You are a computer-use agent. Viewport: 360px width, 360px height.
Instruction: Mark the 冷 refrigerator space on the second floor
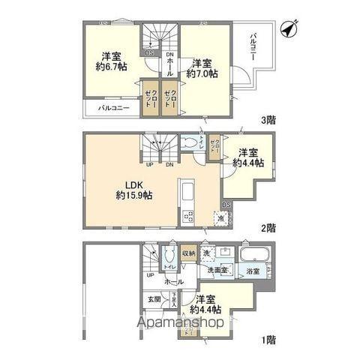click(223, 218)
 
